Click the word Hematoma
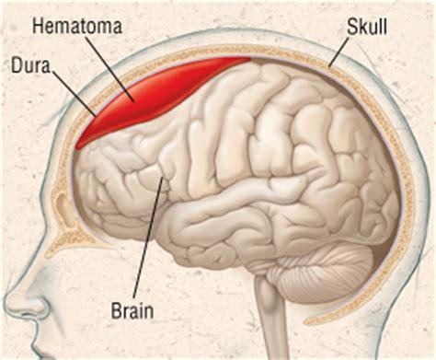click(77, 26)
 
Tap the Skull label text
click(367, 26)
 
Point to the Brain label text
click(132, 310)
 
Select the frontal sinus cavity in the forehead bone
click(63, 209)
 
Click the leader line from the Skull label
click(338, 52)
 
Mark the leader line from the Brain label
click(148, 236)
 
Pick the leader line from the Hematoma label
click(109, 68)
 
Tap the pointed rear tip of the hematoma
click(249, 58)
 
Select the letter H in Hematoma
click(38, 26)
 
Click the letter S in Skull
click(352, 27)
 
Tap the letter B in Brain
click(116, 310)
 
